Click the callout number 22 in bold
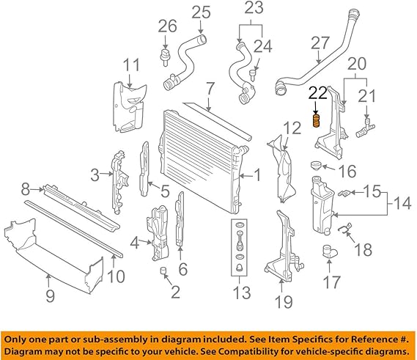317,93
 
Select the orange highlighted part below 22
317,120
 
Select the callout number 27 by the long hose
319,43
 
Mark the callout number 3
95,175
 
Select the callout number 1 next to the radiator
257,175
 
